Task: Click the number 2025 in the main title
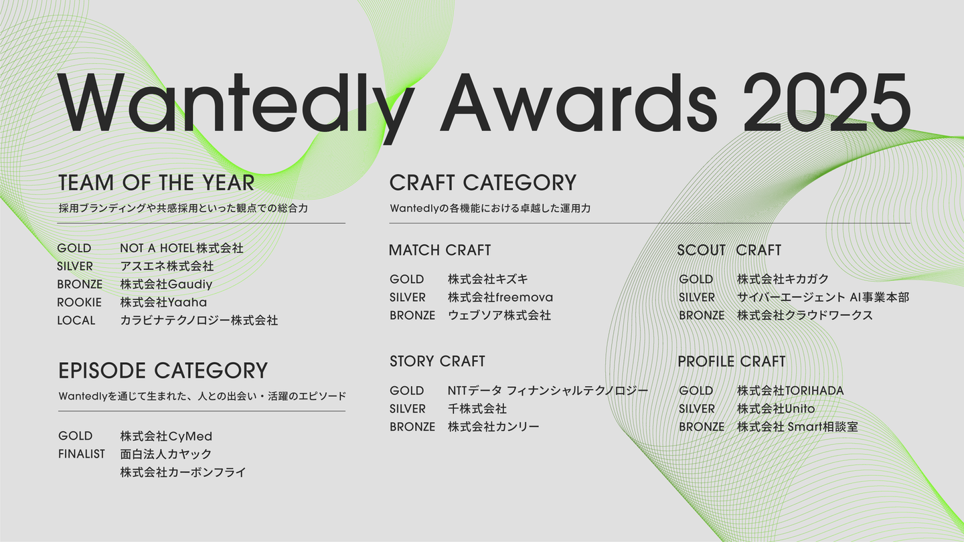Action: [827, 102]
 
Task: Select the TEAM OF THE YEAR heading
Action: [156, 183]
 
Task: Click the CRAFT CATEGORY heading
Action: [483, 183]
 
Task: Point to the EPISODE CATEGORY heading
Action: [163, 371]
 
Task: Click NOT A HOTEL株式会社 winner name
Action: [181, 248]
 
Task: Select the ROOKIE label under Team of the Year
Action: [79, 302]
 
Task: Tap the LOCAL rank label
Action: [76, 321]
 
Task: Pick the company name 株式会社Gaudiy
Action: [166, 284]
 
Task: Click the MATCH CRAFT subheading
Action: [440, 250]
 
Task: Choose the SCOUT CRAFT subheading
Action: [729, 250]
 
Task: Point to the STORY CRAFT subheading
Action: [437, 361]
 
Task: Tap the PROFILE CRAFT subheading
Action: [732, 361]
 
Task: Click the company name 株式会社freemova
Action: [501, 297]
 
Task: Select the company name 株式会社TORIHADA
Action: [791, 391]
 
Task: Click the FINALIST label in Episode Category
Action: [82, 454]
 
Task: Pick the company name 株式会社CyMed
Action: [166, 436]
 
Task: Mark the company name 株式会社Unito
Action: [776, 409]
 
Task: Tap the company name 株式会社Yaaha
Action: [163, 302]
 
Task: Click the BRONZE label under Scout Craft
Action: [702, 315]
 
